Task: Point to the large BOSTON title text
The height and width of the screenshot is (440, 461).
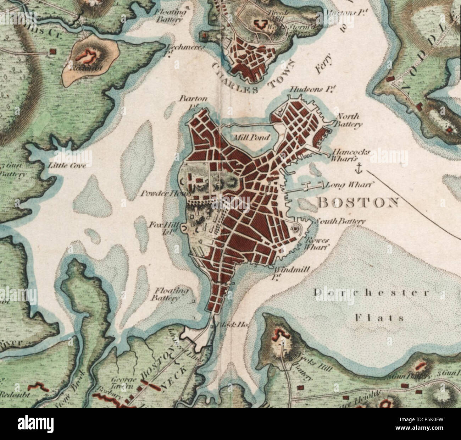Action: tap(358, 202)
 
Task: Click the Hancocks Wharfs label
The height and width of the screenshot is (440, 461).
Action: tap(351, 156)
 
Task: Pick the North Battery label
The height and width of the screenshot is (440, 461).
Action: tap(349, 120)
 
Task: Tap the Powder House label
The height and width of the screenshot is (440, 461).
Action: tap(166, 194)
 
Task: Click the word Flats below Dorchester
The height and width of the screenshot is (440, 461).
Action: tap(379, 318)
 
